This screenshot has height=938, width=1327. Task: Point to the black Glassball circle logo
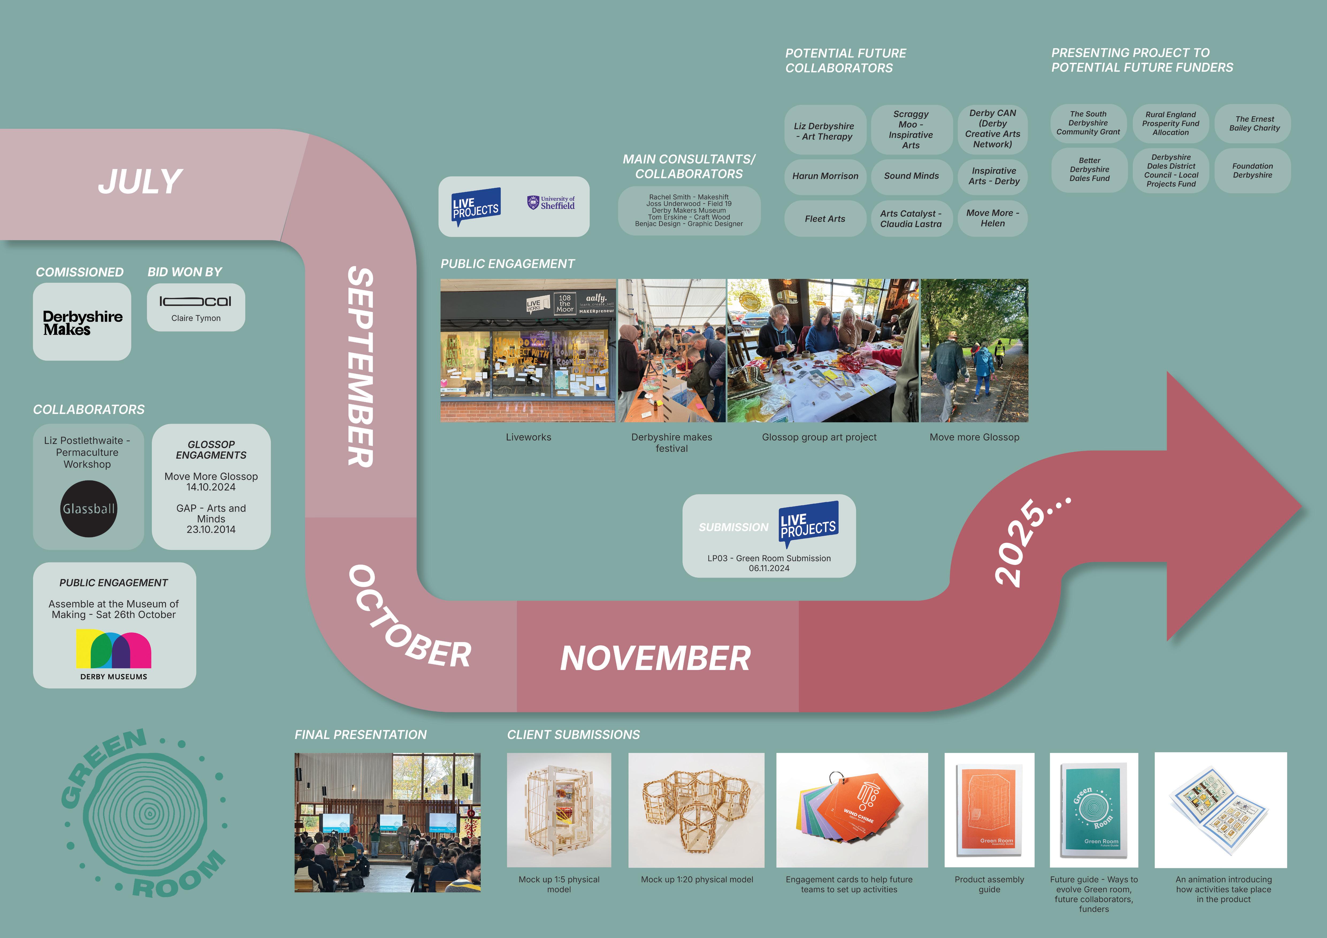(89, 509)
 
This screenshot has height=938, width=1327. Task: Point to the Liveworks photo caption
(528, 437)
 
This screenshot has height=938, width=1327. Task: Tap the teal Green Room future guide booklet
(1092, 809)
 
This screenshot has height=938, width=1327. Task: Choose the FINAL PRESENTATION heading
(361, 735)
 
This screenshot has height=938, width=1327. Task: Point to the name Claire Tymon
(196, 318)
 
